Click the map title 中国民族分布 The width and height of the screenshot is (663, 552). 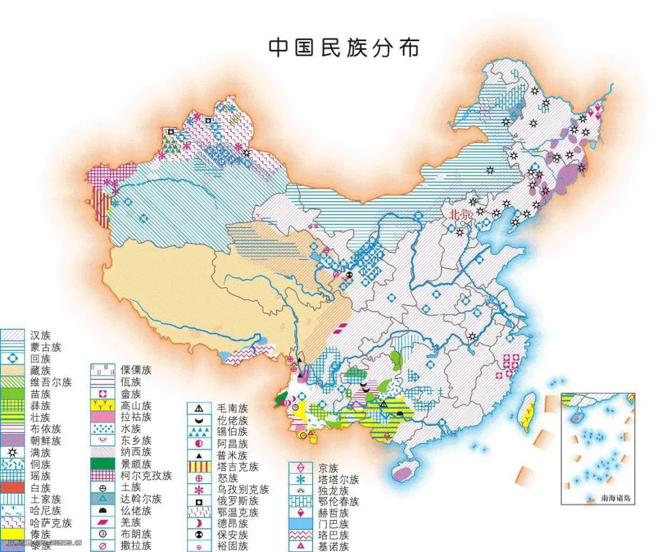point(344,48)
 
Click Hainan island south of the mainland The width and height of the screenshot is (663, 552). point(402,472)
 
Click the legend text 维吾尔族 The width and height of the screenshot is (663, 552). point(51,382)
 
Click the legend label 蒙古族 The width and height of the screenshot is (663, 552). point(45,347)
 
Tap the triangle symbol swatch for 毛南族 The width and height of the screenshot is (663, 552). point(200,408)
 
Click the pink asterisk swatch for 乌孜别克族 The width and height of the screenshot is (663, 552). point(200,490)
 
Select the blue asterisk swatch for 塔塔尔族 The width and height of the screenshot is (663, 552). point(300,479)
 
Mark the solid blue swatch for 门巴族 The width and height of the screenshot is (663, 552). point(300,524)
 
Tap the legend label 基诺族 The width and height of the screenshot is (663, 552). point(329,546)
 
